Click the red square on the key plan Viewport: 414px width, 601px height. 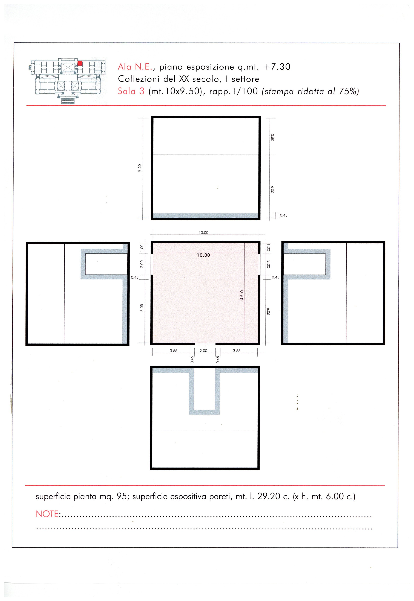coord(80,63)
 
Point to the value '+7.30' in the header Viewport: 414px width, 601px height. coord(277,67)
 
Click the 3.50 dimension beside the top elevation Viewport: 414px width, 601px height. coord(272,137)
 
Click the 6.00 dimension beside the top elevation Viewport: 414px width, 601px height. coord(272,189)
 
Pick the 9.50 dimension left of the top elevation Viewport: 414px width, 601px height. coord(140,168)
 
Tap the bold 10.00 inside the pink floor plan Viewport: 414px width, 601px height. coord(203,255)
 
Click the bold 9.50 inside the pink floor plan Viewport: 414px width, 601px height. coord(241,295)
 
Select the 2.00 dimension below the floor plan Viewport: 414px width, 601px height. coord(203,351)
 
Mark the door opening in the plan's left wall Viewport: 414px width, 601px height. coord(152,264)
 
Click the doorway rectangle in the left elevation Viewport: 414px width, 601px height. coord(106,264)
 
